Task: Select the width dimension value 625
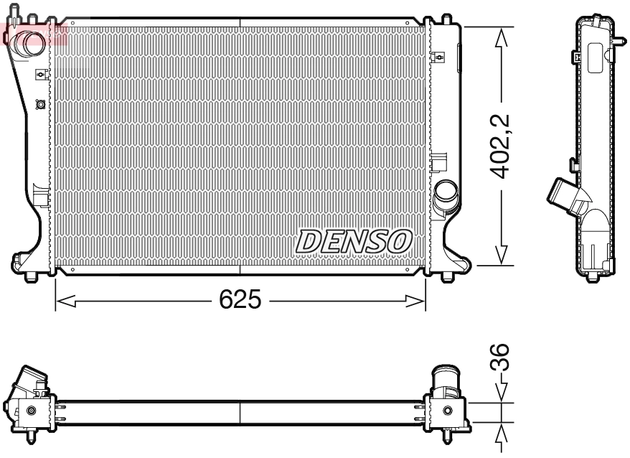(240, 301)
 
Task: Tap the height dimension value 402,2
(500, 146)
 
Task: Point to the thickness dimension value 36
(503, 357)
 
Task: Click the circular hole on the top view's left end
(30, 411)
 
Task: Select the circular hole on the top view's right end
(448, 411)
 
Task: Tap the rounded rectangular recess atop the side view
(595, 57)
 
